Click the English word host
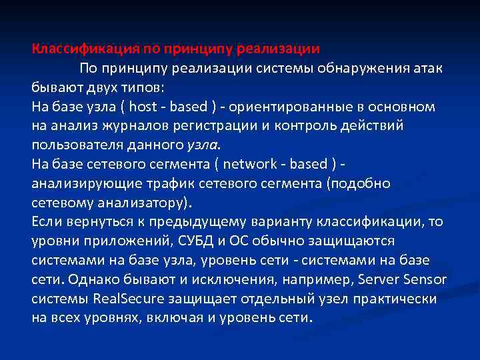tap(143, 107)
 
